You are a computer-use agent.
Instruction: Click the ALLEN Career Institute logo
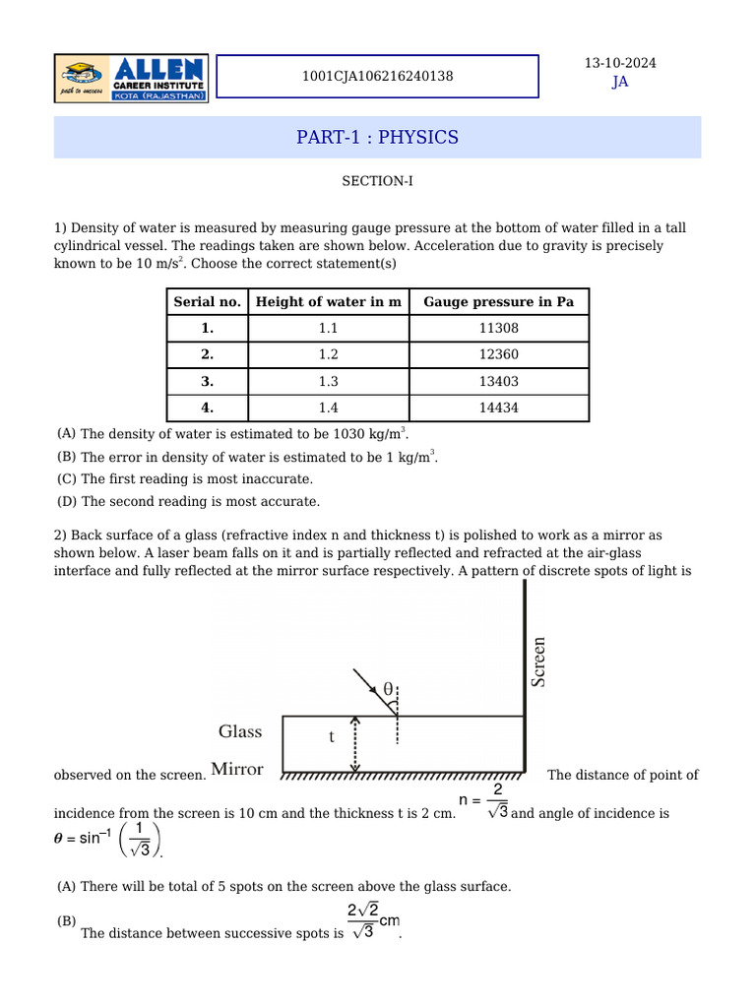pos(130,78)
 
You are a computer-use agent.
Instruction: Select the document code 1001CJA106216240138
pos(378,76)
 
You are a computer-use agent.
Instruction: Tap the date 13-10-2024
pos(620,63)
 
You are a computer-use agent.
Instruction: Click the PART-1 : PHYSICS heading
pos(377,137)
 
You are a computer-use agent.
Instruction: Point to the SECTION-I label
pos(377,181)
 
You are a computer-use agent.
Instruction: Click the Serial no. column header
pos(207,301)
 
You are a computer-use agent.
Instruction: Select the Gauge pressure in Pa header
pos(498,301)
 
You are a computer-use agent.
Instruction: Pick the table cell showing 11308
pos(498,328)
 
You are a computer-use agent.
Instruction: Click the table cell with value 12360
pos(498,354)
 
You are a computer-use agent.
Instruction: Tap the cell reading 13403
pos(498,381)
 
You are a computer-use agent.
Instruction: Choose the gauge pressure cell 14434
pos(498,408)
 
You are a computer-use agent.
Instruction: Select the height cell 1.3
pos(328,381)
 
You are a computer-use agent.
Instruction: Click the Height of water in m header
pos(328,301)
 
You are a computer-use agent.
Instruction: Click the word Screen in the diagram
pos(538,661)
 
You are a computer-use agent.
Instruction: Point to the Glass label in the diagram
pos(240,731)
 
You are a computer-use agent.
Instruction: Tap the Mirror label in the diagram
pos(237,769)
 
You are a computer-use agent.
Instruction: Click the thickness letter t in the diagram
pos(331,736)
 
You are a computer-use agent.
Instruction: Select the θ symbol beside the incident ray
pos(387,689)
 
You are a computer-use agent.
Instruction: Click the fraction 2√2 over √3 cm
pos(372,920)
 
